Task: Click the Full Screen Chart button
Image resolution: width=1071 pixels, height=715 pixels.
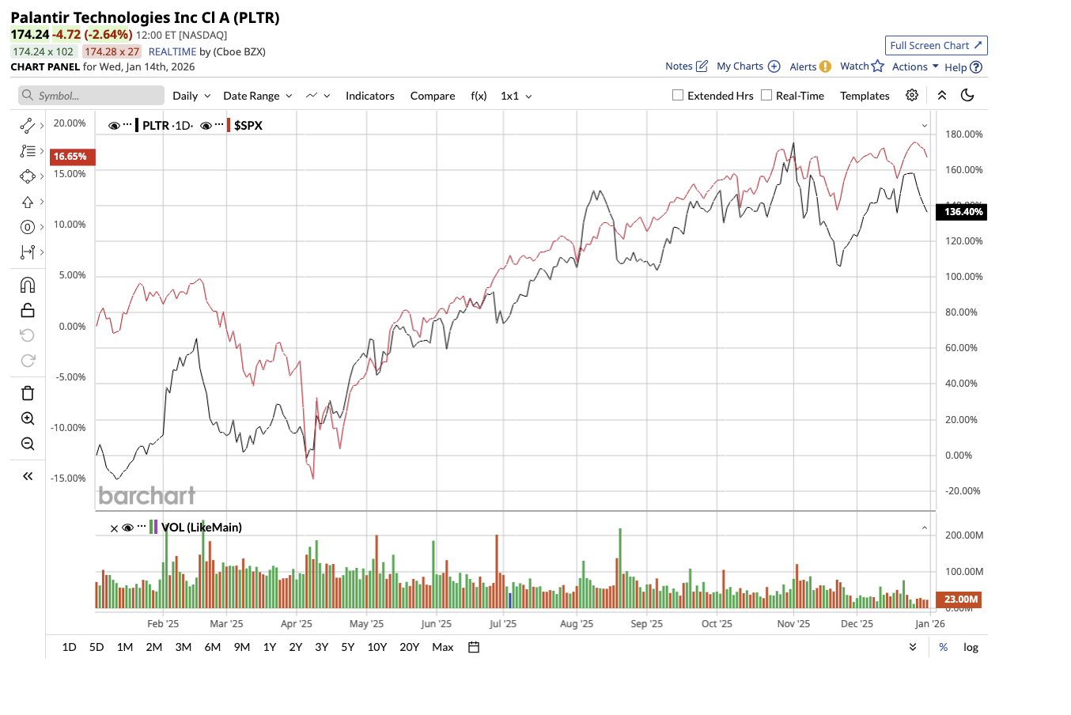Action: coord(936,46)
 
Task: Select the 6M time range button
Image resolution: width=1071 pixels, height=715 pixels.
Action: coord(212,647)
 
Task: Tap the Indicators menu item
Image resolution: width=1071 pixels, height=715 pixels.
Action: coord(369,96)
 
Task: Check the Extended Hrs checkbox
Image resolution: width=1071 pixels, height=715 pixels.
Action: coord(678,95)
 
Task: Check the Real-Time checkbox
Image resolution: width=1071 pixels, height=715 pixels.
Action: coord(766,95)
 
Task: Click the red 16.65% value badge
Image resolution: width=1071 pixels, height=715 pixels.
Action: coord(71,157)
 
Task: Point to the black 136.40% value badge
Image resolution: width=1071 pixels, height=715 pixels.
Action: coord(963,212)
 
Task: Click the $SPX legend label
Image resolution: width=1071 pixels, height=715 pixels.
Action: coord(248,126)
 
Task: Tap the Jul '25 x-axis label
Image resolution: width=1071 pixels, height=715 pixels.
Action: coord(502,623)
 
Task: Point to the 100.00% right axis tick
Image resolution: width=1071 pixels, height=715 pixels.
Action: coord(963,277)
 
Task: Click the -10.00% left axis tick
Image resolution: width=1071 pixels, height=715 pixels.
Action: coord(70,428)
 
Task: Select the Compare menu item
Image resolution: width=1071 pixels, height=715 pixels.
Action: coord(432,96)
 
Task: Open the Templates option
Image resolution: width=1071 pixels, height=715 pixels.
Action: coord(865,96)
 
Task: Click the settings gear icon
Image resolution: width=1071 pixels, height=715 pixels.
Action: coord(912,95)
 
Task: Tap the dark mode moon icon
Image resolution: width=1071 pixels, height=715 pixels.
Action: coord(967,95)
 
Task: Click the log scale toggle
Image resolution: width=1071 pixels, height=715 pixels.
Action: coord(971,647)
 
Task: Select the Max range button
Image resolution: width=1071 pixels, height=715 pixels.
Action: coord(443,647)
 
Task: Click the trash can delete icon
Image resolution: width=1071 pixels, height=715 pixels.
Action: coord(28,393)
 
